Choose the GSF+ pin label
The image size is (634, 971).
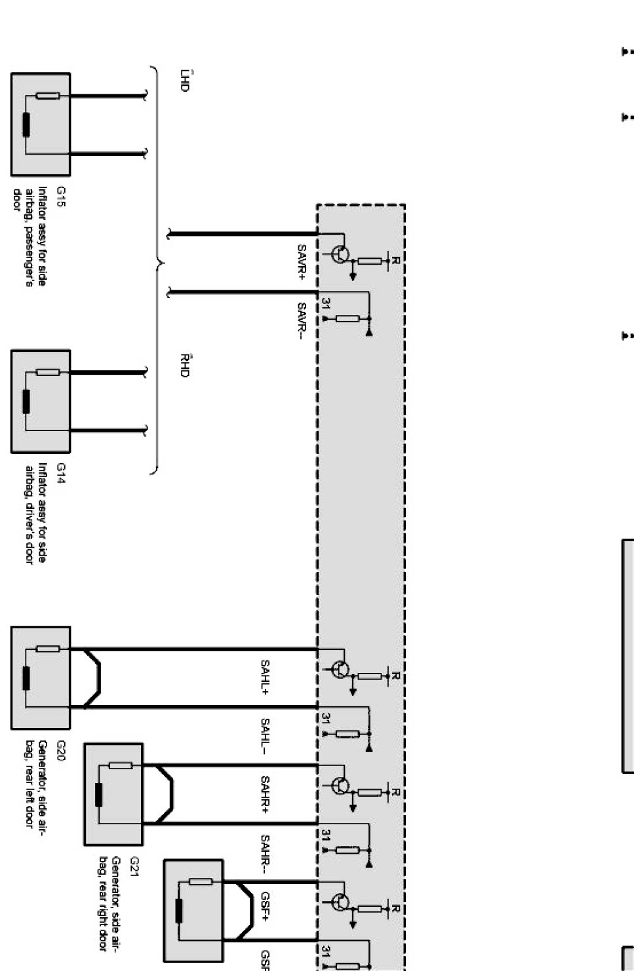pyautogui.click(x=266, y=905)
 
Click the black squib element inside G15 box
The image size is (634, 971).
pyautogui.click(x=26, y=125)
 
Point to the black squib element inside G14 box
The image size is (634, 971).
pyautogui.click(x=26, y=402)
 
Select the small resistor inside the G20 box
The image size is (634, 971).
pyautogui.click(x=48, y=649)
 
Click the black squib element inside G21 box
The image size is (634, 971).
pyautogui.click(x=99, y=795)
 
